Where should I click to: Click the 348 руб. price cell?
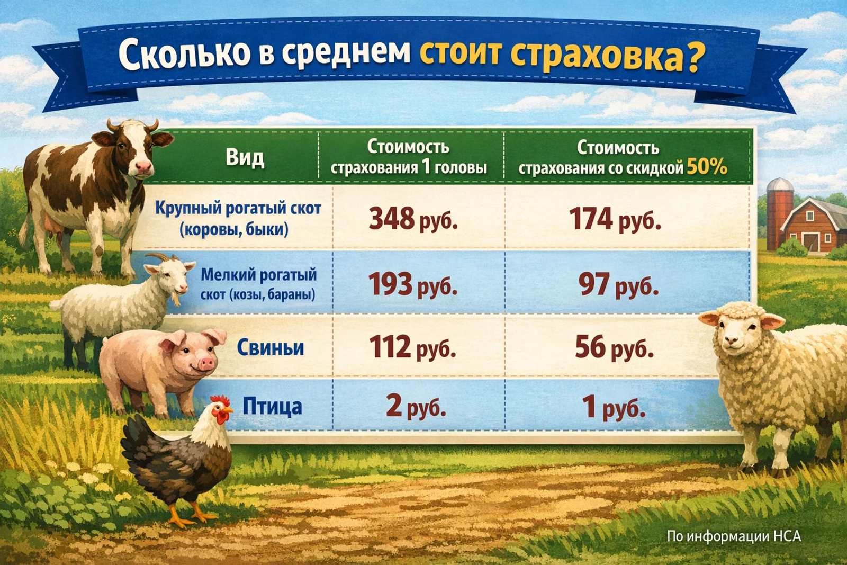tap(413, 219)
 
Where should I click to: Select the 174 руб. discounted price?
tap(615, 219)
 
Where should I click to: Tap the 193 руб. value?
tap(412, 284)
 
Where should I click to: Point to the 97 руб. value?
tap(618, 285)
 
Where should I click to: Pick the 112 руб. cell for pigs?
tap(412, 347)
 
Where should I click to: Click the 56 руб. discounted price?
tap(614, 348)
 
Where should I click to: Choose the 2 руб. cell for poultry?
tap(416, 406)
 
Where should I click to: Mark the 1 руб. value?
tap(614, 407)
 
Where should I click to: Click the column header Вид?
tap(245, 157)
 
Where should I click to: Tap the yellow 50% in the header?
tap(707, 167)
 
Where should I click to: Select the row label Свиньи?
tap(271, 348)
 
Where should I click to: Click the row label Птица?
tap(272, 407)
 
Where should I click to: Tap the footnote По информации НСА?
tap(733, 536)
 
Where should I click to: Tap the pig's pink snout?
tap(205, 363)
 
